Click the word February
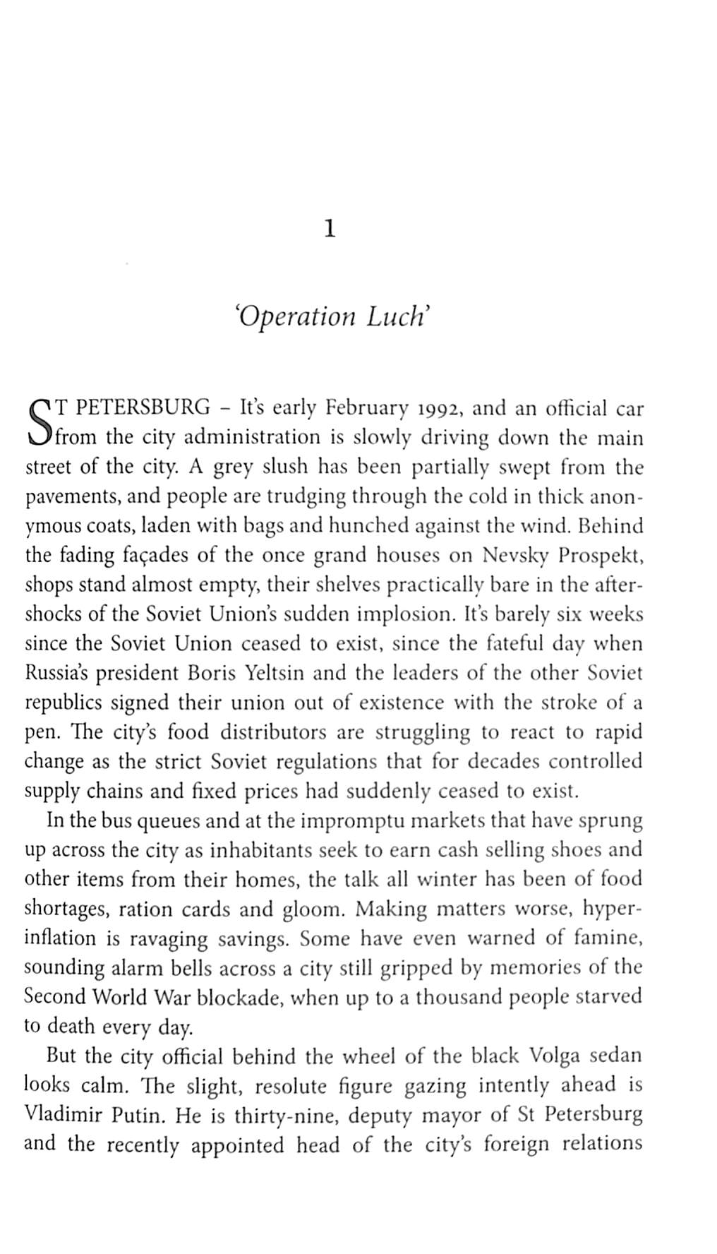[366, 409]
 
